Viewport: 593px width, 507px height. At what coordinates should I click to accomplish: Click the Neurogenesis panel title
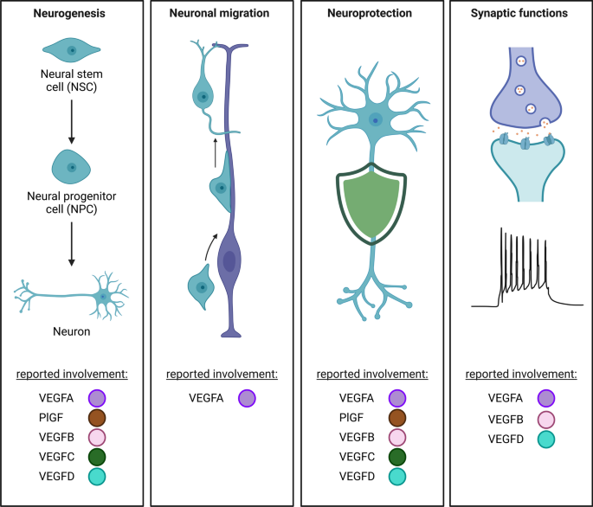tap(72, 15)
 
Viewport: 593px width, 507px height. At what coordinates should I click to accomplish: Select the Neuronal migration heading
tap(221, 15)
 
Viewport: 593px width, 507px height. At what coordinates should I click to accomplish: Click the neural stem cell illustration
tap(72, 51)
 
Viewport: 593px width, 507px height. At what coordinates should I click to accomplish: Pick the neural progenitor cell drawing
tap(72, 166)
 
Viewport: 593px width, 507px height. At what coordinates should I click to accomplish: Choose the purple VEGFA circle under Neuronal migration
tap(248, 398)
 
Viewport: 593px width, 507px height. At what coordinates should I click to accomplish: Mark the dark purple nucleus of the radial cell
tap(229, 260)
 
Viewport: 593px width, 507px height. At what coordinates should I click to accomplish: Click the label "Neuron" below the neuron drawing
tap(72, 330)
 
